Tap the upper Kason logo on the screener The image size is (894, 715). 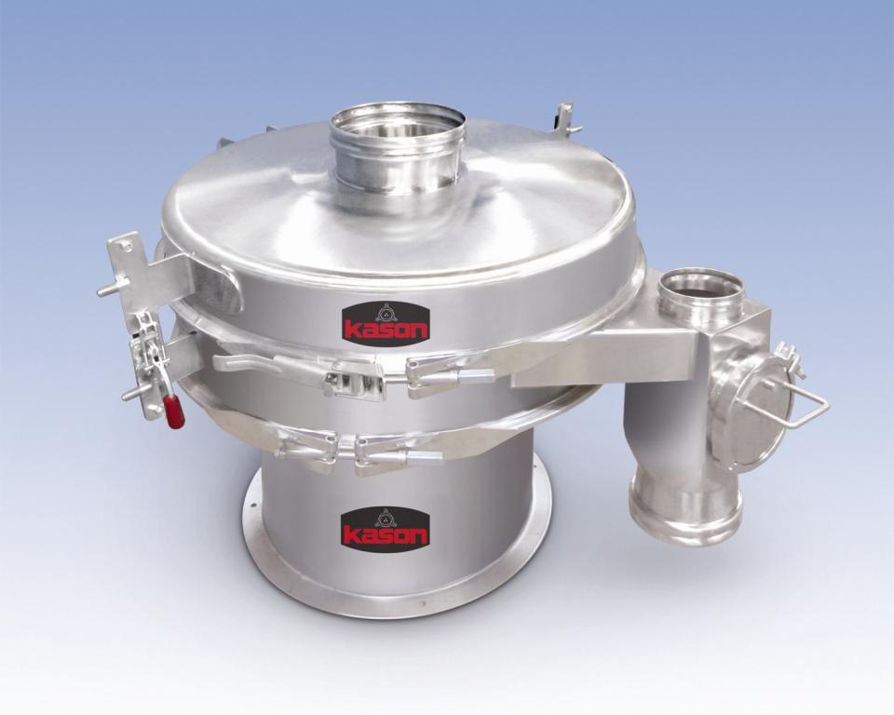[x=385, y=323]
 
